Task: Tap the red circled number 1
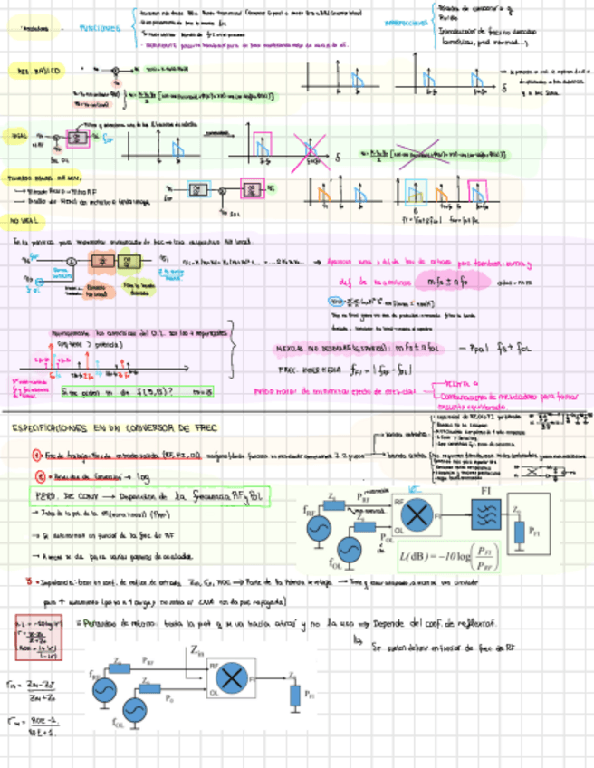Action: point(35,455)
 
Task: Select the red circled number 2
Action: point(39,475)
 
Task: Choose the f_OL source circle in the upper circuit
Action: point(350,550)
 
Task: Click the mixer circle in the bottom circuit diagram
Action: point(234,677)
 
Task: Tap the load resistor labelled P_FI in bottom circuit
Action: point(294,694)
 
